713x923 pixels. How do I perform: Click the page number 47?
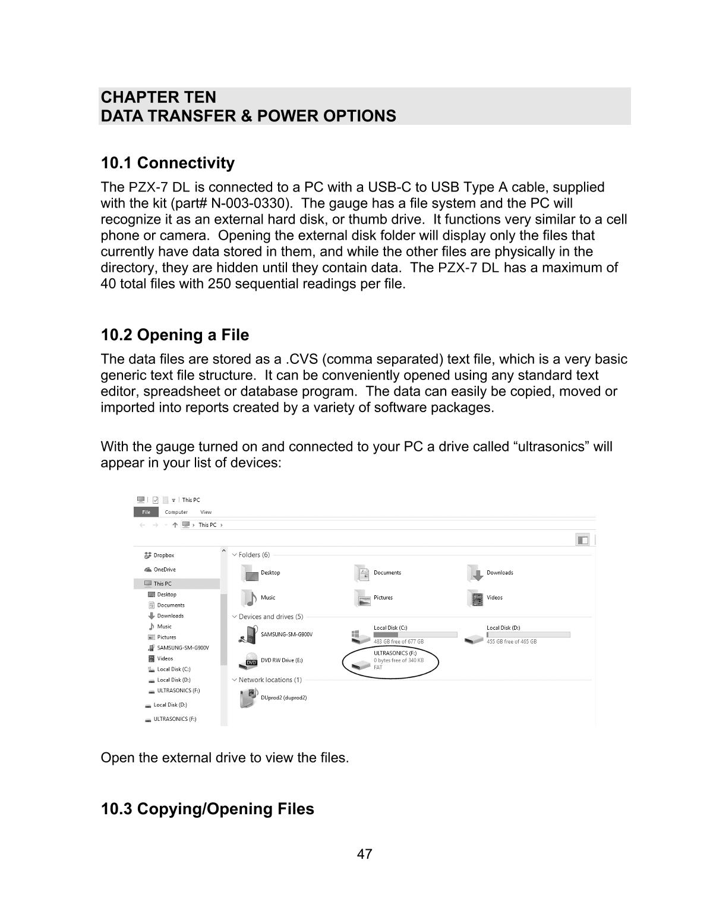[x=364, y=854]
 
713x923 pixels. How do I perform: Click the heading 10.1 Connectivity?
[x=168, y=163]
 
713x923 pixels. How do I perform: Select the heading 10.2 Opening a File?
[x=175, y=335]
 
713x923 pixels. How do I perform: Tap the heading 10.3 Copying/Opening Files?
[x=207, y=809]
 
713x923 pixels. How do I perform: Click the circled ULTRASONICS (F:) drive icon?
[x=360, y=665]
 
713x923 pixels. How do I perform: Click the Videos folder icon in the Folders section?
[x=475, y=598]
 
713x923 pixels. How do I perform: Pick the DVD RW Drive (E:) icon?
[x=250, y=661]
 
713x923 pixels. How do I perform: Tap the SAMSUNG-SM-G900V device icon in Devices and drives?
[x=248, y=635]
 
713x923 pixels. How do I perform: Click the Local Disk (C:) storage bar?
[x=415, y=635]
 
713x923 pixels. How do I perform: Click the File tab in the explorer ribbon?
[x=146, y=512]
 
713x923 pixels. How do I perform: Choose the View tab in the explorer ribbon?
[x=206, y=512]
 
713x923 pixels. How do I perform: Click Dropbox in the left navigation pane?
[x=163, y=555]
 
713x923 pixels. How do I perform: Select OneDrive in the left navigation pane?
[x=164, y=570]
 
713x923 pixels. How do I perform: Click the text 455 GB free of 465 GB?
[x=511, y=642]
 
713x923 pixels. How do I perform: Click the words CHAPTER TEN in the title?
[x=159, y=97]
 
